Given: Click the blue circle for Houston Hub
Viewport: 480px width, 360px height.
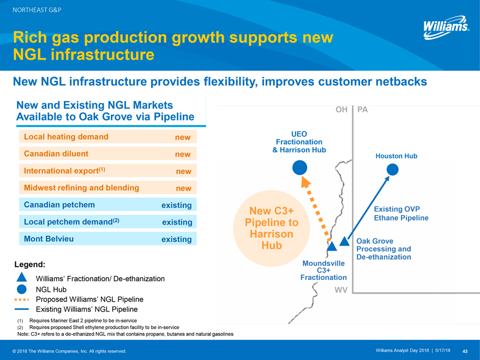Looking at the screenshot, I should [x=392, y=170].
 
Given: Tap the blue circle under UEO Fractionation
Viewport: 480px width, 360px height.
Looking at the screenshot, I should [x=299, y=168].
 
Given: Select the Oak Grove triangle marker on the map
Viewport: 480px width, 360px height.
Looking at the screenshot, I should [x=344, y=241].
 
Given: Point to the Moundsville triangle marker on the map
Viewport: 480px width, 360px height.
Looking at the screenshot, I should [x=332, y=246].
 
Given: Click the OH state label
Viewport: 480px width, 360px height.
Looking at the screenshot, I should [x=341, y=110].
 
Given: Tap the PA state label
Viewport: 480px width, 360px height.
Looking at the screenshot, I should [x=363, y=110].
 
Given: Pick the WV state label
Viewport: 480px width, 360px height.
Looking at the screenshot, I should [x=341, y=290].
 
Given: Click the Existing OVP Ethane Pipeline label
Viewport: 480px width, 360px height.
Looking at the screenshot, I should [x=401, y=214].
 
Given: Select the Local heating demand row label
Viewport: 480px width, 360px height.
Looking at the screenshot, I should [x=66, y=137].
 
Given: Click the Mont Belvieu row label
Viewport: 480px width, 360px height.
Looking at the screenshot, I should [x=49, y=239].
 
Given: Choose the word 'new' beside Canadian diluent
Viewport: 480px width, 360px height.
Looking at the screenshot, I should [x=183, y=154].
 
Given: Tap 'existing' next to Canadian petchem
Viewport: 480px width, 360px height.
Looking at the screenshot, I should [x=177, y=206].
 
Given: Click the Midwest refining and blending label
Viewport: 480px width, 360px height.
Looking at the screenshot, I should [x=81, y=188].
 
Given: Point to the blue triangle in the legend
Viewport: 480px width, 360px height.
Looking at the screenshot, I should [x=22, y=278].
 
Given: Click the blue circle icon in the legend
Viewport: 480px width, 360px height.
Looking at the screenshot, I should [x=22, y=289].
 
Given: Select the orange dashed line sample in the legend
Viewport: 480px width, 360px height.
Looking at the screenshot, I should [x=22, y=299].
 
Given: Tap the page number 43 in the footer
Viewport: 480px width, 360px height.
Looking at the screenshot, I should [x=465, y=350].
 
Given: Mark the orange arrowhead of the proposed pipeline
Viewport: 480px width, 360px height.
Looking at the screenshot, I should [x=306, y=183].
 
